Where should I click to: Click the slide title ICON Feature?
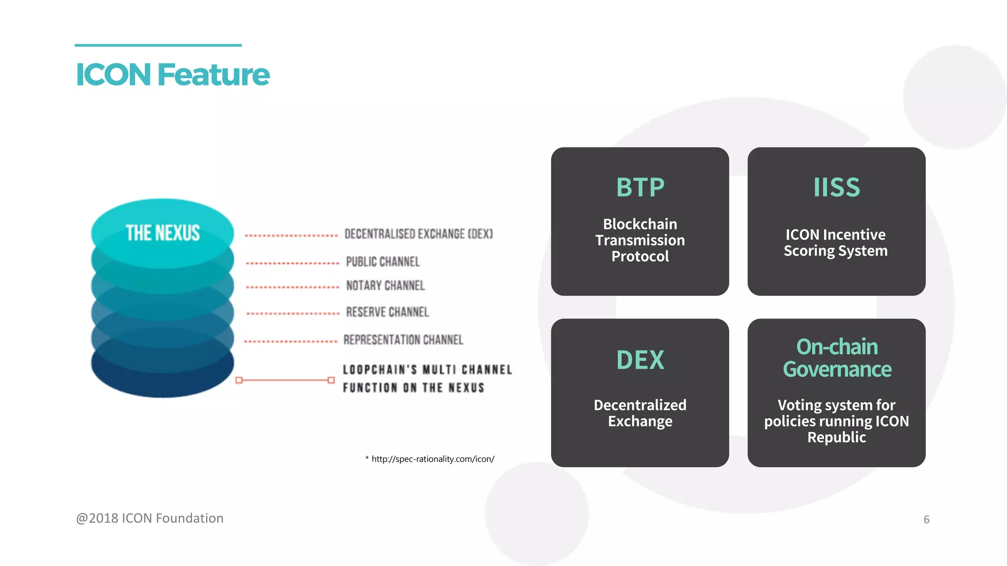tap(172, 75)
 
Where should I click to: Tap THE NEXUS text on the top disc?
tap(163, 233)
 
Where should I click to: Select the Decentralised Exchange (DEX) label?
tap(418, 234)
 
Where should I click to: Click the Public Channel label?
tap(383, 262)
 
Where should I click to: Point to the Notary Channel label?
tap(385, 285)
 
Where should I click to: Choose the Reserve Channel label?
tap(387, 312)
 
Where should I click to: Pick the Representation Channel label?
tap(403, 340)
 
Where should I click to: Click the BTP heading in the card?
tap(640, 188)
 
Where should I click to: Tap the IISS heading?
tap(836, 188)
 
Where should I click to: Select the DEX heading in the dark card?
tap(640, 360)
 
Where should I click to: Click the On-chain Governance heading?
tap(837, 358)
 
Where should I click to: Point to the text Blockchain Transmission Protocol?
tap(640, 240)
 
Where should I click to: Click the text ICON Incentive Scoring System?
tap(836, 243)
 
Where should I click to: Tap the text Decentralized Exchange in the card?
tap(640, 413)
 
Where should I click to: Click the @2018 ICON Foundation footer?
tap(150, 518)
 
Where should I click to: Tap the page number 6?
tap(926, 520)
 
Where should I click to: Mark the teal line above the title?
tap(158, 45)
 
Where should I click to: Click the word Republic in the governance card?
tap(836, 437)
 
